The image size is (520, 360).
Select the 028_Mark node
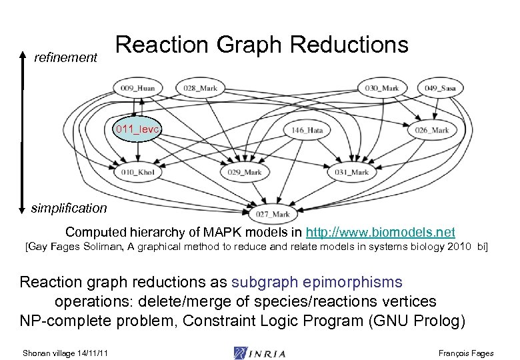201,87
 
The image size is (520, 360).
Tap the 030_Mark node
381,87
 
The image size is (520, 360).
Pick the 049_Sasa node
440,87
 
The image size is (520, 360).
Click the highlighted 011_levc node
137,129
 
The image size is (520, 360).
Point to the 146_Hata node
307,130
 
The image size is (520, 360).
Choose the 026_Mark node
432,130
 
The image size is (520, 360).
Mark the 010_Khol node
138,172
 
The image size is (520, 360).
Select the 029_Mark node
244,172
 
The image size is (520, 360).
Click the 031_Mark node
351,172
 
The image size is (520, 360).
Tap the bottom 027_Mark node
273,214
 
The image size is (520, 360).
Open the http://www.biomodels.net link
380,233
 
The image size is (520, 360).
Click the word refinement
65,58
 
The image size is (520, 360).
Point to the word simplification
69,208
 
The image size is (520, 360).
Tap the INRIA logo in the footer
259,353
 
